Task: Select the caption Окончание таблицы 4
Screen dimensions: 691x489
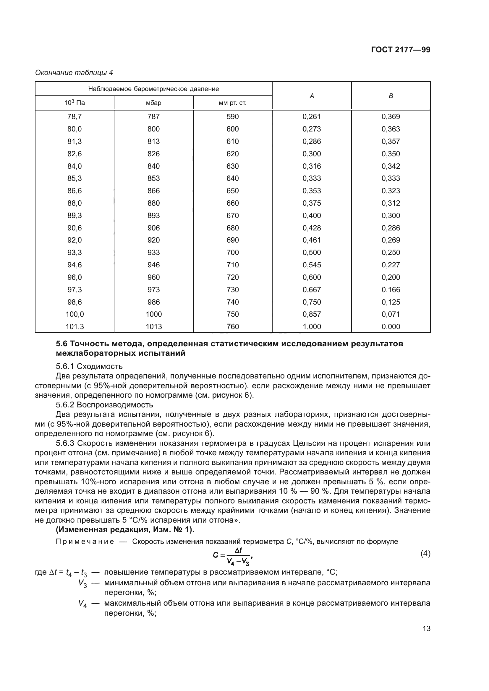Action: click(x=74, y=73)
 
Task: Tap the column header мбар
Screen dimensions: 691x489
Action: click(x=153, y=103)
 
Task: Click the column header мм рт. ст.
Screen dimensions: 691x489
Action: click(x=232, y=103)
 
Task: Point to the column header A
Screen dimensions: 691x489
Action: click(x=312, y=96)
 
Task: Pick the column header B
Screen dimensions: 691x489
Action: click(x=391, y=96)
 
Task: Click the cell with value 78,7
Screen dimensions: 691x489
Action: click(x=75, y=116)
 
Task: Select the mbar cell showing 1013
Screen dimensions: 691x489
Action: click(x=153, y=326)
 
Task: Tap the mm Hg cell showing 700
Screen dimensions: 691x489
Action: click(x=232, y=253)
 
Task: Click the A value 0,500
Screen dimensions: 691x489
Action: click(x=312, y=253)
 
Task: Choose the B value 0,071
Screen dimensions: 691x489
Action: click(x=391, y=314)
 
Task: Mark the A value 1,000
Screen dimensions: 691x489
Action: click(x=312, y=326)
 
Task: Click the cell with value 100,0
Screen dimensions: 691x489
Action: click(x=75, y=314)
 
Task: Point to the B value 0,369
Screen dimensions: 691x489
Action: click(x=391, y=116)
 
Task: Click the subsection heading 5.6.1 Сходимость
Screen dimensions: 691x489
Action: click(x=89, y=366)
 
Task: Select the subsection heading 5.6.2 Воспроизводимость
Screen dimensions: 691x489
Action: click(x=104, y=405)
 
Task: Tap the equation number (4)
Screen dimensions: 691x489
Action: click(x=425, y=553)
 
